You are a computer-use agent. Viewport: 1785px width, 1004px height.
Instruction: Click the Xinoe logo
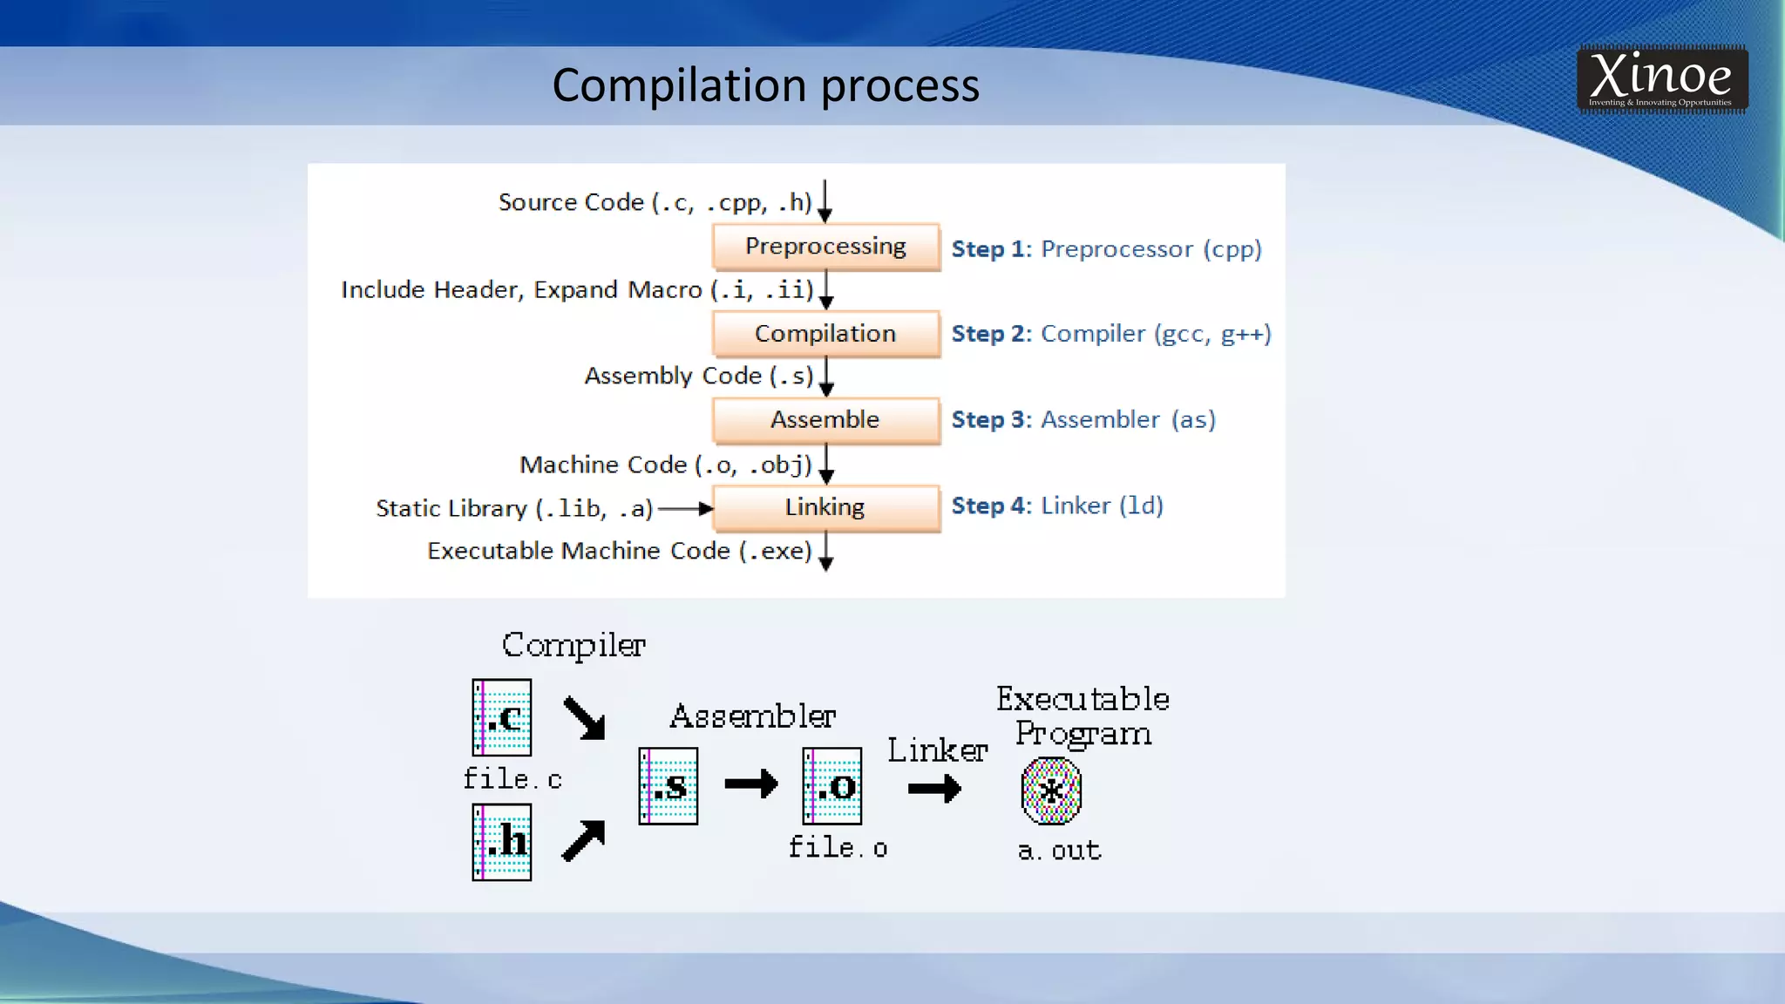[1661, 79]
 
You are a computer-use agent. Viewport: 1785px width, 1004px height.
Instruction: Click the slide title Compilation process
[765, 85]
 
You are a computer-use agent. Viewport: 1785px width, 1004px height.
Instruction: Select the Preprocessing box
[825, 247]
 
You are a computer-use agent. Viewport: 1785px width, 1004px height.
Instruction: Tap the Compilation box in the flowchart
[825, 334]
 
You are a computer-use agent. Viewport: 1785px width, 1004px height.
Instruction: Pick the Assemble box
[825, 420]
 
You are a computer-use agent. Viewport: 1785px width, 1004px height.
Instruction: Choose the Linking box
[825, 507]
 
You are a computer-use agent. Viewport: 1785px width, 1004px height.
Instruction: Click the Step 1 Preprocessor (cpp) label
[1106, 249]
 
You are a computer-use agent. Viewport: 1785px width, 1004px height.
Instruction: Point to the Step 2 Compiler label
[1110, 334]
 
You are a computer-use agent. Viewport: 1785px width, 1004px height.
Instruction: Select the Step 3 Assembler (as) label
[1083, 420]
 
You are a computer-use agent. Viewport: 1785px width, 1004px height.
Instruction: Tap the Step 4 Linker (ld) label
[1056, 506]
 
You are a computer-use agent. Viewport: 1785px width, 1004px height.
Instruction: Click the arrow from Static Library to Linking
[685, 509]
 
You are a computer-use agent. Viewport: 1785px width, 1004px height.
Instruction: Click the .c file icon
[502, 717]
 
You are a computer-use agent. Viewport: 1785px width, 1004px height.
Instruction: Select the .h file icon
[502, 842]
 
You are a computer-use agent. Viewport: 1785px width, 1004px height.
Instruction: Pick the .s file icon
[669, 786]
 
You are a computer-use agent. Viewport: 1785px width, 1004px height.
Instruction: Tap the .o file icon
[832, 786]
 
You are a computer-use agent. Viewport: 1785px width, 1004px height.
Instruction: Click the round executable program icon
[1051, 790]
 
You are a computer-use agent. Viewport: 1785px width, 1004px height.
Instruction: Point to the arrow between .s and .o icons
[751, 784]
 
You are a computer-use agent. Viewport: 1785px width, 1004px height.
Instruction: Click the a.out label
[1059, 850]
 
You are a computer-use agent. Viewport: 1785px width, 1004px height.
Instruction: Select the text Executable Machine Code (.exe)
[619, 551]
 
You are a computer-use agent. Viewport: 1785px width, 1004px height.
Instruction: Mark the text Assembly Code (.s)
[698, 376]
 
